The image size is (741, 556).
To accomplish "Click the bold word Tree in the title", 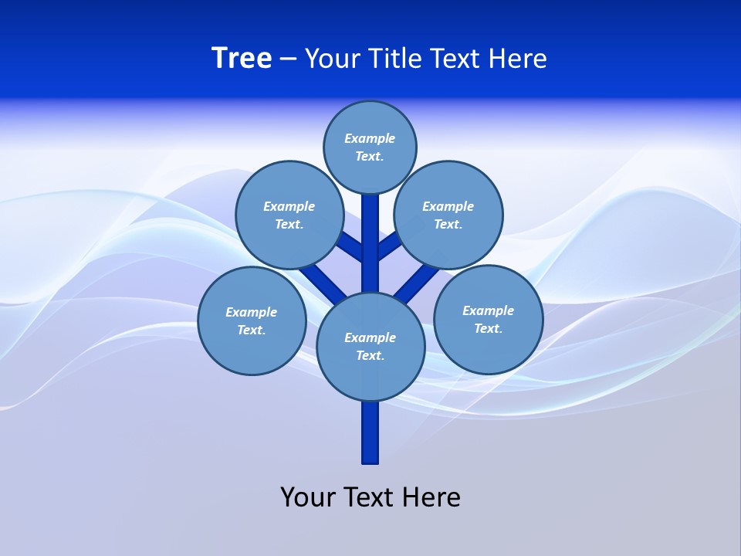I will (x=242, y=58).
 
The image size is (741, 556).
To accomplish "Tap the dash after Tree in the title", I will (x=289, y=59).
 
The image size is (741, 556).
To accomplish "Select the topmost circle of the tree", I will (x=370, y=147).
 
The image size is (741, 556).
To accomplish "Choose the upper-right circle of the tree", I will (x=448, y=215).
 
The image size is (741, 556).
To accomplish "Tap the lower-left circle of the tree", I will (x=252, y=320).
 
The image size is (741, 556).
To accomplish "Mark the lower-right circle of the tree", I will (x=488, y=319).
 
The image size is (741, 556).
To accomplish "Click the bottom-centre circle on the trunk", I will (x=370, y=346).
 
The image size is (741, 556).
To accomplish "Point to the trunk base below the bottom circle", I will (x=370, y=432).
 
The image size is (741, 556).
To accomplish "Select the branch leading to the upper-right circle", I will (x=388, y=246).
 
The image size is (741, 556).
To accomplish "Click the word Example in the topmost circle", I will (x=370, y=138).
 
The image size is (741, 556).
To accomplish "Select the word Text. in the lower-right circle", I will (x=488, y=328).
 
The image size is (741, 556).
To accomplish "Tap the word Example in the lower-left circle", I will (x=251, y=312).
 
